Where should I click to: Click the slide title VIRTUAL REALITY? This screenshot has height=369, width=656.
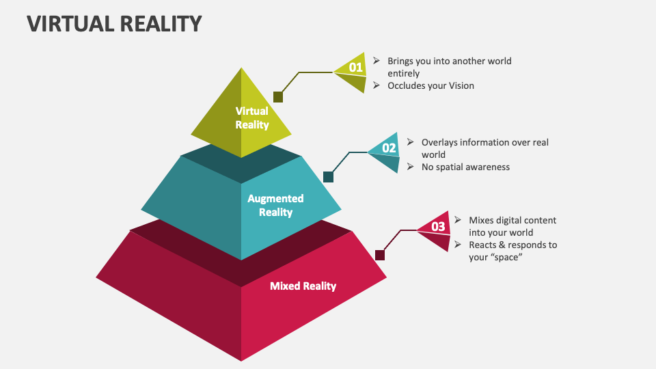click(x=115, y=23)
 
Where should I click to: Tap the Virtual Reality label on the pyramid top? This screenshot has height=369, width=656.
click(x=252, y=118)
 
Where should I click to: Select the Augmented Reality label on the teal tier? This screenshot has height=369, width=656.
click(x=275, y=205)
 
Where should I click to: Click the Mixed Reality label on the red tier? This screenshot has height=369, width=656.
click(x=303, y=286)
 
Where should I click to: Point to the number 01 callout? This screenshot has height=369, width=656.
click(x=355, y=67)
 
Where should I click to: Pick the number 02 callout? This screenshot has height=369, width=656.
click(x=389, y=148)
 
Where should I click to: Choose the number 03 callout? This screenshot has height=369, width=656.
click(x=438, y=226)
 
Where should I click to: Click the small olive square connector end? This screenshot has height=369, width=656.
click(x=278, y=97)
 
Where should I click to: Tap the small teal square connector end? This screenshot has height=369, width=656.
click(x=328, y=177)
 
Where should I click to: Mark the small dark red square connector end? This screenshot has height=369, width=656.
click(x=380, y=255)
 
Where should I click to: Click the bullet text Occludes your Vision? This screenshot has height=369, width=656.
click(x=430, y=85)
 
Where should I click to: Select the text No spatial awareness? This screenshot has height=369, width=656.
click(x=465, y=167)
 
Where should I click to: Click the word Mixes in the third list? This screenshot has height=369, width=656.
click(x=482, y=220)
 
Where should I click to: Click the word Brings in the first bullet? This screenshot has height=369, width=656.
click(x=402, y=61)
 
